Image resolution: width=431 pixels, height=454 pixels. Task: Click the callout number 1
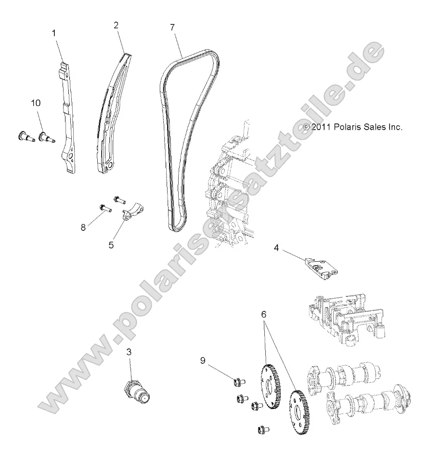54,33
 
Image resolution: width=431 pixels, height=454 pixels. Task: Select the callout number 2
116,26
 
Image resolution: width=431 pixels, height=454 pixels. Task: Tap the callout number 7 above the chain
172,27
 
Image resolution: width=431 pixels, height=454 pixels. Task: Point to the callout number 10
36,103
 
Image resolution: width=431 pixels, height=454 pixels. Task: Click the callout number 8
83,227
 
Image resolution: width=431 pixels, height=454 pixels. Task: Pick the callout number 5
111,244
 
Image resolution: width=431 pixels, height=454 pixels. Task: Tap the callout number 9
203,360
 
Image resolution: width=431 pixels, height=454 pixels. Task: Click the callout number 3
128,352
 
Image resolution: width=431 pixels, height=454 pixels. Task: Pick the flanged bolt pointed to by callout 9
237,382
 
